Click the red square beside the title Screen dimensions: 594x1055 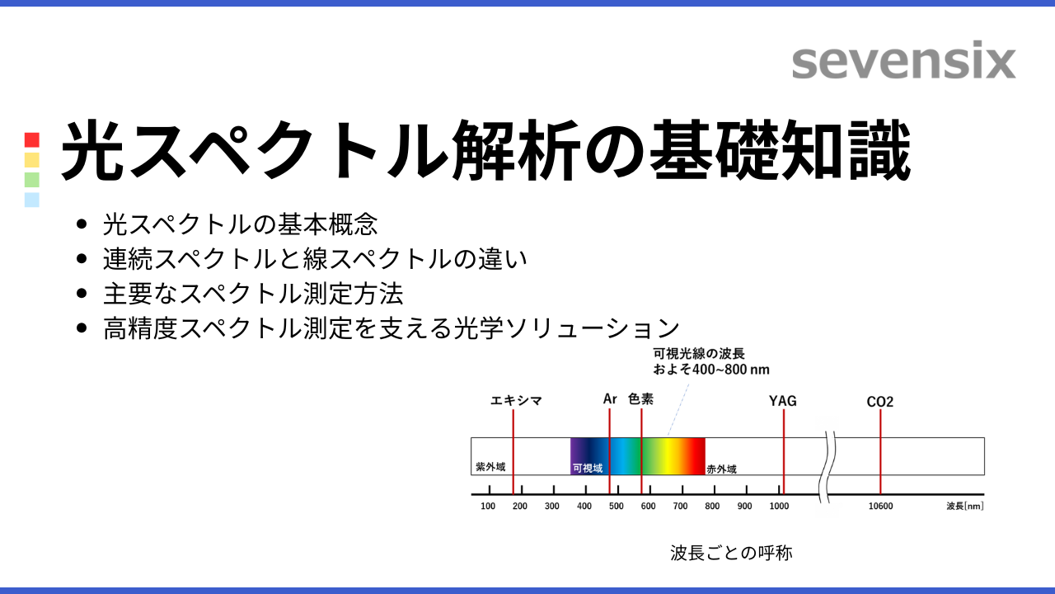[x=32, y=139]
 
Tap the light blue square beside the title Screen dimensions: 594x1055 [x=32, y=199]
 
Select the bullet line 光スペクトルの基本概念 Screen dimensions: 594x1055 [x=240, y=224]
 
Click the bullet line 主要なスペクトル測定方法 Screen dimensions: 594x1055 [x=253, y=293]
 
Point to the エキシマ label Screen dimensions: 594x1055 [x=516, y=401]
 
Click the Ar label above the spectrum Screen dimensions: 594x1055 [x=610, y=399]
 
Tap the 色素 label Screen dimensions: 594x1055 [x=640, y=399]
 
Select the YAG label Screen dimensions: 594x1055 [x=783, y=402]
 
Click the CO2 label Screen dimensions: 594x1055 [x=880, y=402]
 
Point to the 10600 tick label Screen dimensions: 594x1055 [x=880, y=507]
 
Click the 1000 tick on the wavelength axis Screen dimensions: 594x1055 [x=779, y=506]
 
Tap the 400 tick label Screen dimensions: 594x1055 [x=584, y=507]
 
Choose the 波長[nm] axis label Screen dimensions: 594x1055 [x=964, y=507]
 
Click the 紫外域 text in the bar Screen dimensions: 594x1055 [x=490, y=467]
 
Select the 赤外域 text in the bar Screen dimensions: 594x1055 [x=721, y=469]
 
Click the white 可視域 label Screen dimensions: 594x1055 [x=587, y=468]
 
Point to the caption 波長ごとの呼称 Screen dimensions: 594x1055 [x=731, y=553]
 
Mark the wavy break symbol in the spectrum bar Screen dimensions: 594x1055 [x=828, y=466]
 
